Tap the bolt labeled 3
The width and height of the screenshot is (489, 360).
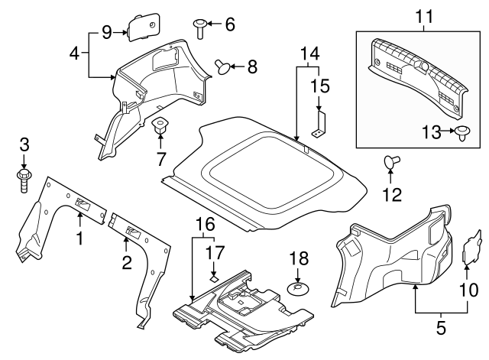(x=23, y=181)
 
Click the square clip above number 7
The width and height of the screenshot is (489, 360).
(x=161, y=125)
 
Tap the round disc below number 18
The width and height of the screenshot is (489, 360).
(x=297, y=290)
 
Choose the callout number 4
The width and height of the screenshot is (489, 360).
(x=74, y=54)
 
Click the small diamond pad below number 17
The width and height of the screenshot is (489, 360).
(x=215, y=278)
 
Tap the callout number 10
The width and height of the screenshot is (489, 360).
(x=467, y=290)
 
